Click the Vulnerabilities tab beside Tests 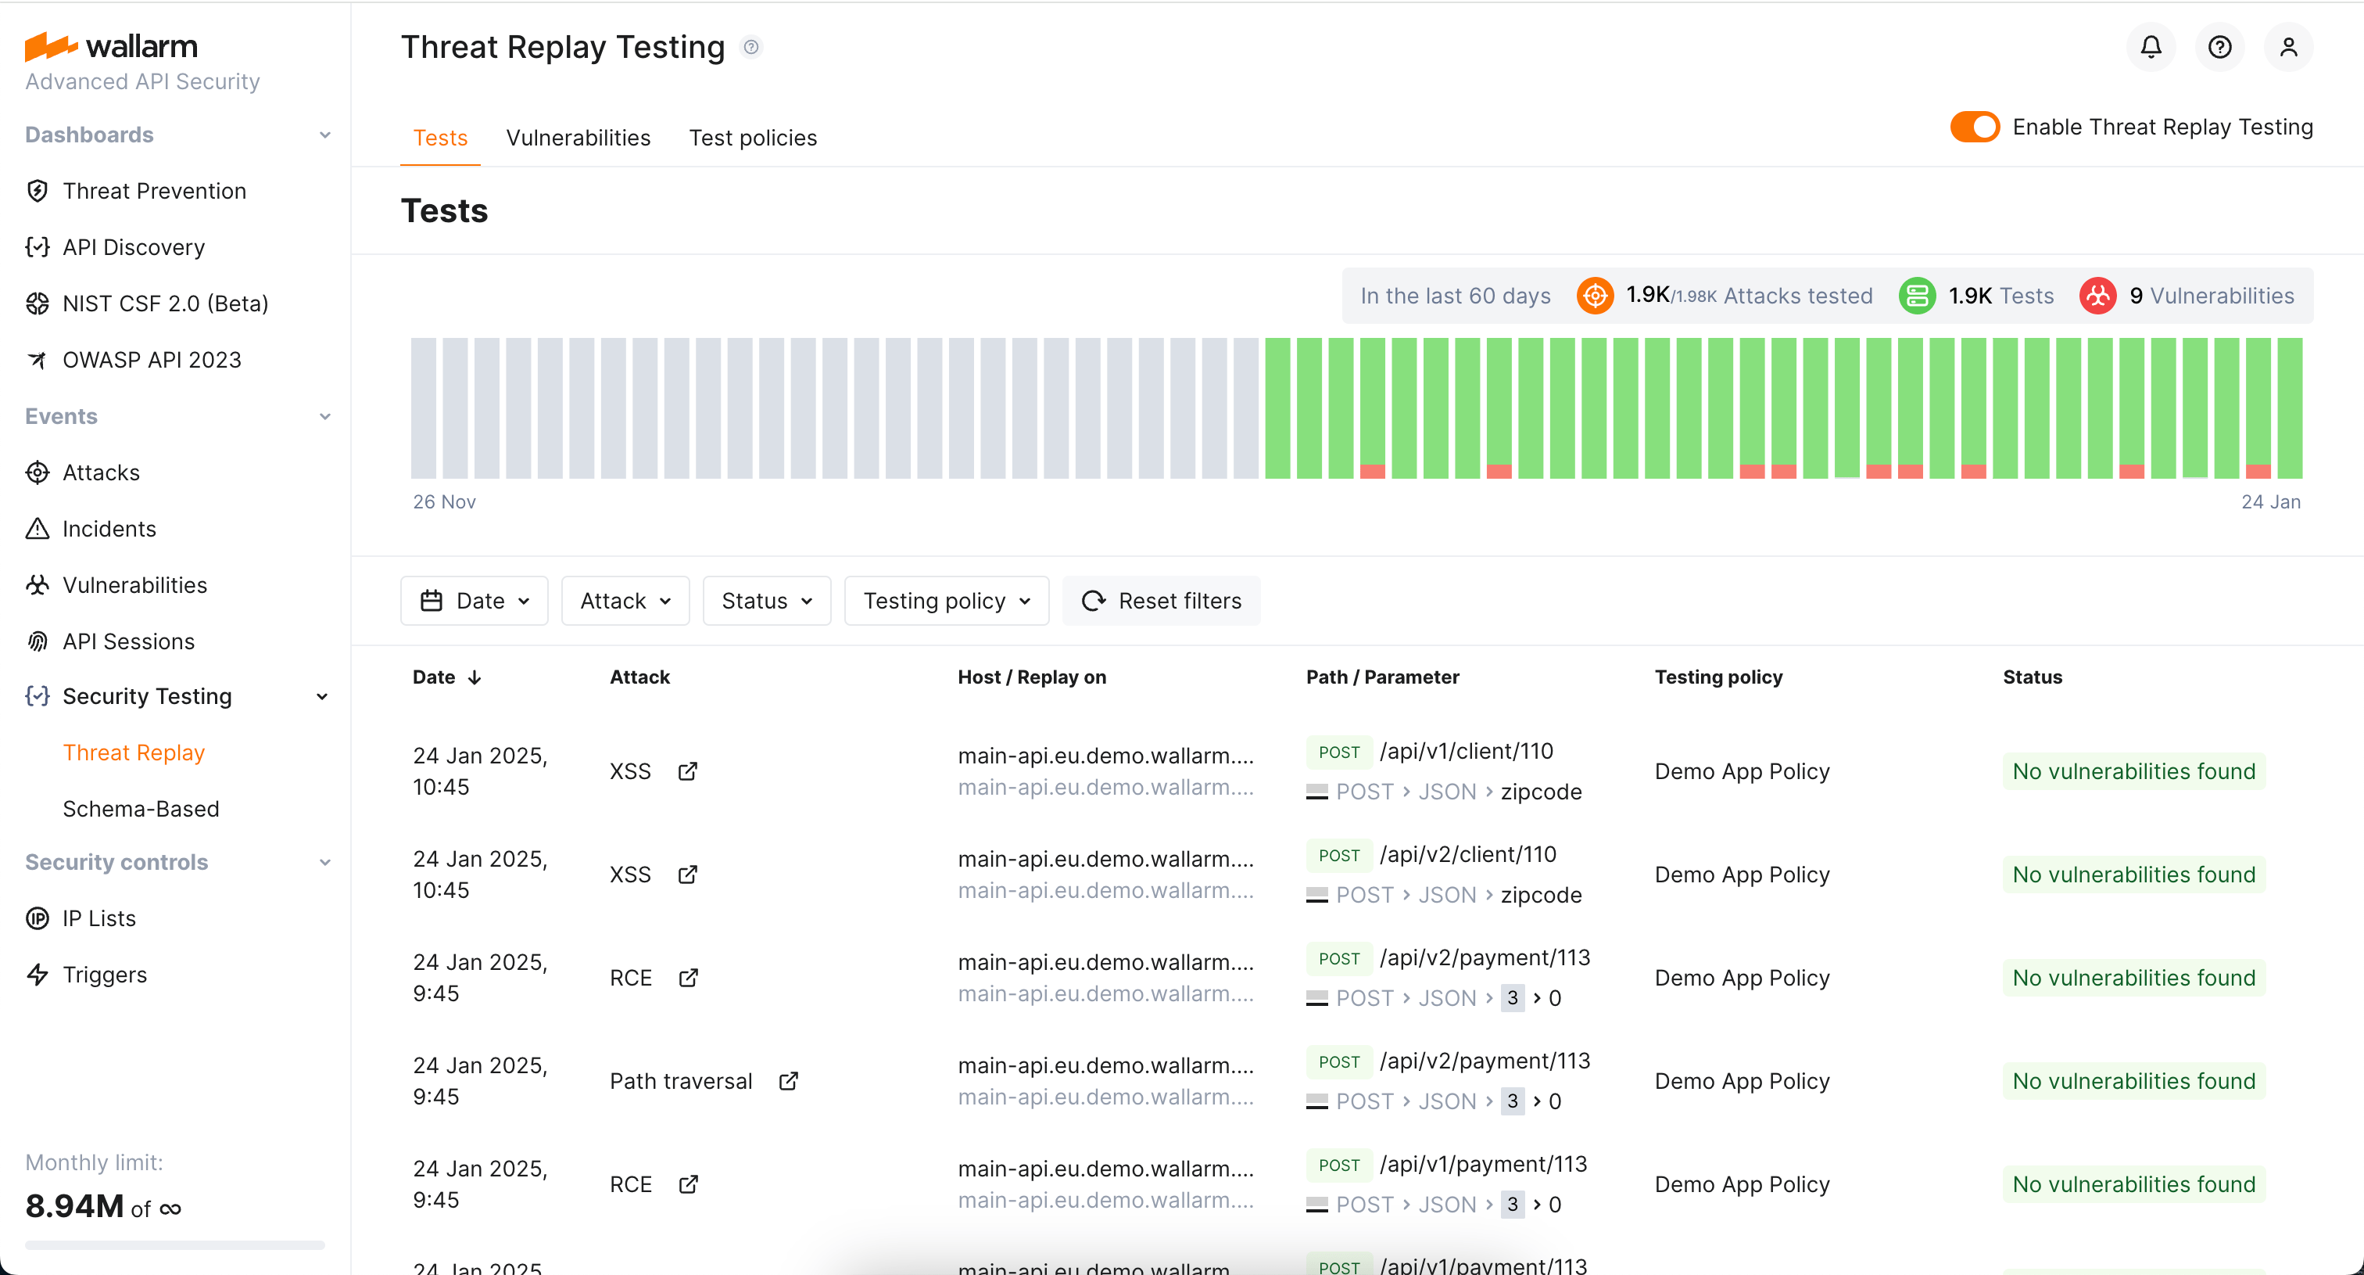(x=578, y=138)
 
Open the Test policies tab (x=753, y=138)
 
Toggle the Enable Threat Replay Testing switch (x=1974, y=127)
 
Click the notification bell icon (x=2150, y=47)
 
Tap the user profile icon (x=2288, y=47)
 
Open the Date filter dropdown (x=475, y=600)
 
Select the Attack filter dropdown (x=625, y=600)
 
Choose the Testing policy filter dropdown (x=946, y=600)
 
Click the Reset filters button (x=1161, y=600)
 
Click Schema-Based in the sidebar (x=141, y=809)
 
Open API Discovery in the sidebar (x=133, y=247)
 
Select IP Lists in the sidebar (x=99, y=918)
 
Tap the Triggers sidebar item (x=105, y=974)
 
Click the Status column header (x=2032, y=677)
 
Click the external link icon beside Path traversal (x=788, y=1080)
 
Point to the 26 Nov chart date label (x=444, y=501)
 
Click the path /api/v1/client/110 (x=1466, y=751)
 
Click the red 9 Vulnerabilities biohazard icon (x=2097, y=296)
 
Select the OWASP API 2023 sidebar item (x=152, y=360)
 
